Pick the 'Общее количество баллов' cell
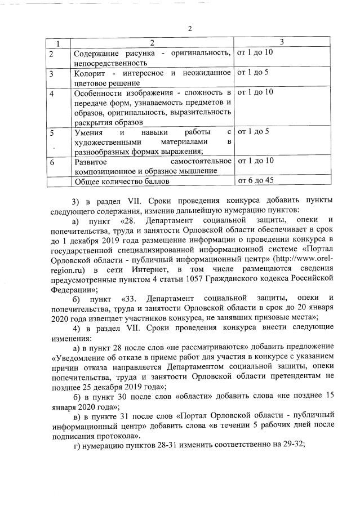tap(122, 181)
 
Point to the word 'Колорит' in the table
tap(91, 73)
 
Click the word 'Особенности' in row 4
tap(99, 92)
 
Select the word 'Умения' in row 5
tap(88, 132)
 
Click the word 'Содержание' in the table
tap(97, 53)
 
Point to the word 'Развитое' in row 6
tap(90, 162)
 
